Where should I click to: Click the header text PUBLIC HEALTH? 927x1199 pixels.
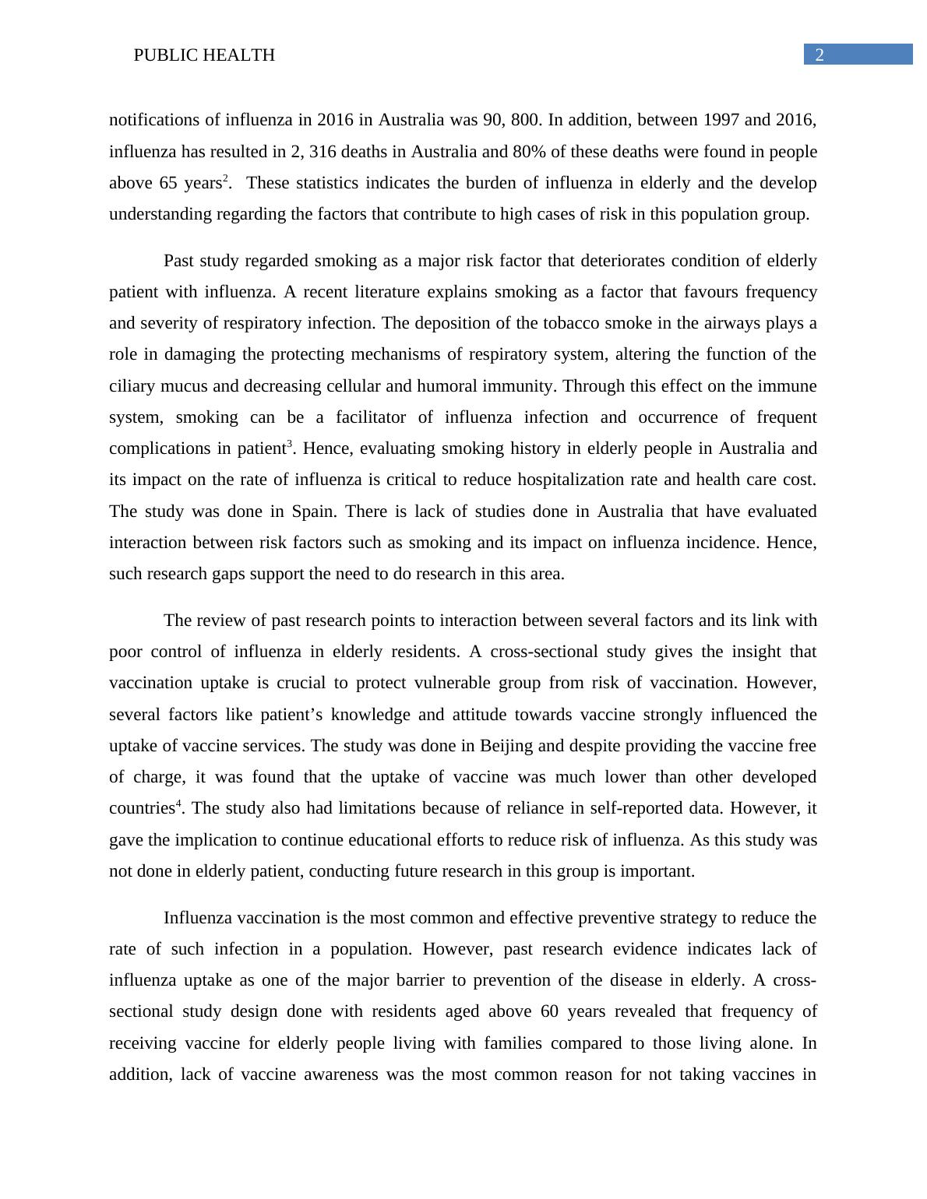click(204, 55)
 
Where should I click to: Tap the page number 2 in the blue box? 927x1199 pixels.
click(819, 54)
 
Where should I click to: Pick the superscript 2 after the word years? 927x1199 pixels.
click(225, 179)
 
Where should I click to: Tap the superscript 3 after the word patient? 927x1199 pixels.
click(290, 445)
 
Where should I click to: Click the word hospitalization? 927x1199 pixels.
click(515, 480)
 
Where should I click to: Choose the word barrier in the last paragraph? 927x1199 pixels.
click(439, 980)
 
